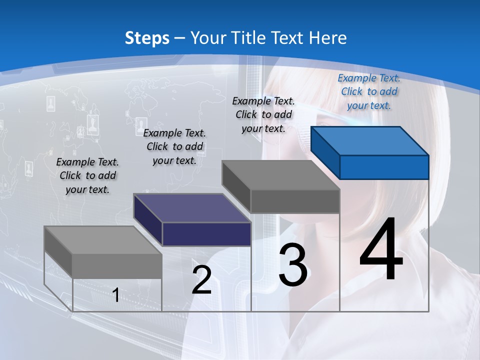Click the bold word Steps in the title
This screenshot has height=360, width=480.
147,38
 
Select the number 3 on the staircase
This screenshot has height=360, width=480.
293,265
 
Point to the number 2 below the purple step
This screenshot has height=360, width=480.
202,280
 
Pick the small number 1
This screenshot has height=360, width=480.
116,295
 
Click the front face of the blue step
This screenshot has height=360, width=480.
384,167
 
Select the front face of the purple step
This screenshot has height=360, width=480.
206,234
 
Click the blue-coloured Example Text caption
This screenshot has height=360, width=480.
369,91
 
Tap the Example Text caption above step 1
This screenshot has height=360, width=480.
87,175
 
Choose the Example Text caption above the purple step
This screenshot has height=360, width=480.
174,146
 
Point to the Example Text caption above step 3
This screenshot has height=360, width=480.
263,114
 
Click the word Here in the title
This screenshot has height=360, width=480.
328,38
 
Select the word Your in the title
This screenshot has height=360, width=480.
207,38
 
